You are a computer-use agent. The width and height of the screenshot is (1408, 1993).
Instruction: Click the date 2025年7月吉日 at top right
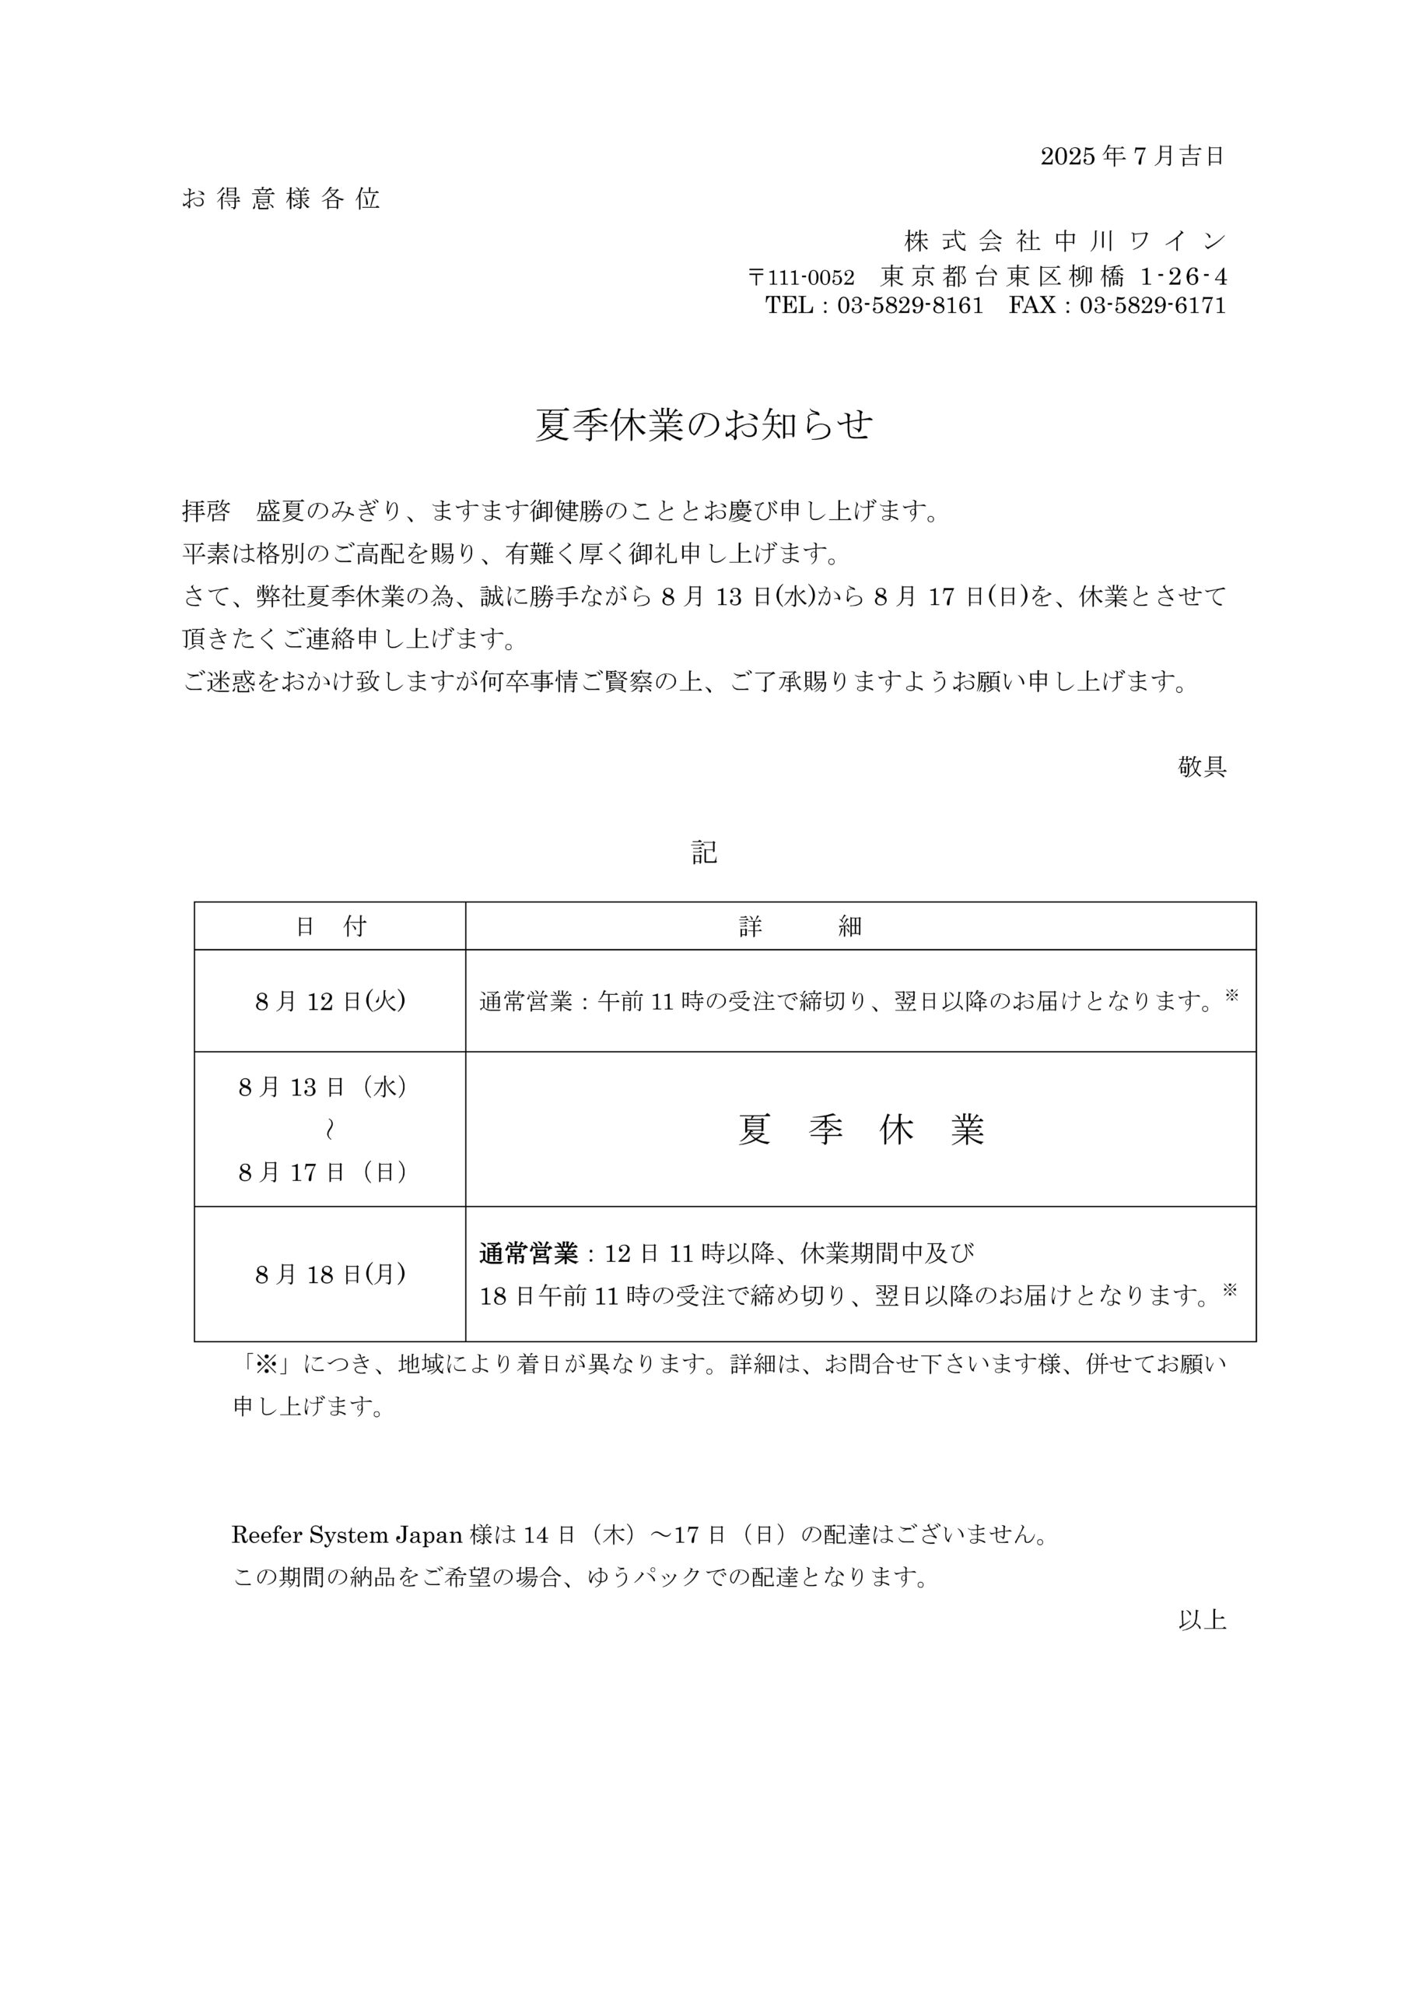pos(1131,156)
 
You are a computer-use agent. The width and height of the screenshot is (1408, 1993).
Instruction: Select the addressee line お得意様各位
pos(281,199)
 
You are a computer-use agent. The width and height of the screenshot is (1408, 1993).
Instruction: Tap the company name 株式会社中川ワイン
pos(1064,241)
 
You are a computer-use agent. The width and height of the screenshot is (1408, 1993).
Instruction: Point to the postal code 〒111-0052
pos(800,278)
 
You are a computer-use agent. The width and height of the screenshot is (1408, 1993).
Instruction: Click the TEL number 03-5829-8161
pos(910,305)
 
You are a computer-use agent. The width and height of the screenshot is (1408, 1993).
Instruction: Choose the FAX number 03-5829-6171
pos(1152,305)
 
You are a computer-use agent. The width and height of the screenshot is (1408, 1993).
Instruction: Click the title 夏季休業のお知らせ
pos(703,425)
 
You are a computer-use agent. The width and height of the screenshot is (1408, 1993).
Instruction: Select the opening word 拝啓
pos(205,511)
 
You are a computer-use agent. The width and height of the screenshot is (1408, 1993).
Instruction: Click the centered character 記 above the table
pos(703,852)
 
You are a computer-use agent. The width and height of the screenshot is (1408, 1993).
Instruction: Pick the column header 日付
pos(331,927)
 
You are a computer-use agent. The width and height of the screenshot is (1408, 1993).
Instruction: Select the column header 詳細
pos(800,927)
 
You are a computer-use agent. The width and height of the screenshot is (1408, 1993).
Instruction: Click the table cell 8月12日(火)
pos(331,1002)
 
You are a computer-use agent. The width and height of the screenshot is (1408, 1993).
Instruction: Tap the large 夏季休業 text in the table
pos(860,1130)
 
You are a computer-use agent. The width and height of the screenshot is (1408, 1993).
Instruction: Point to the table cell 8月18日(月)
pos(331,1274)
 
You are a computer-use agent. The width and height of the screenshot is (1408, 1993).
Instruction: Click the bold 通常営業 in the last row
pos(528,1253)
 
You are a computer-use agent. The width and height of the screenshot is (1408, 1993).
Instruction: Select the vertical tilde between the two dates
pos(329,1130)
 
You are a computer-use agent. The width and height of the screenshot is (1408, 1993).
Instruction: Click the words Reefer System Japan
pos(346,1535)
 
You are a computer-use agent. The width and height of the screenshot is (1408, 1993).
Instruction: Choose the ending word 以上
pos(1202,1621)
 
